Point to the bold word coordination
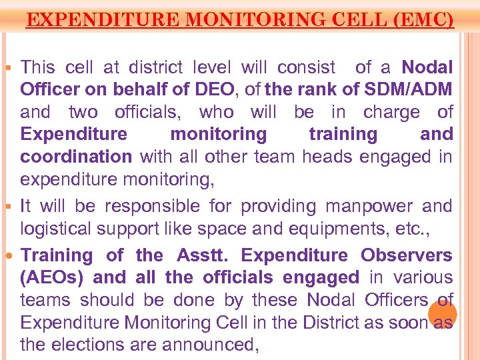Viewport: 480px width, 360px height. coord(76,157)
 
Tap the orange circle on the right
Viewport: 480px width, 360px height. coord(443,313)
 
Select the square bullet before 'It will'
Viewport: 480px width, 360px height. coord(10,207)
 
